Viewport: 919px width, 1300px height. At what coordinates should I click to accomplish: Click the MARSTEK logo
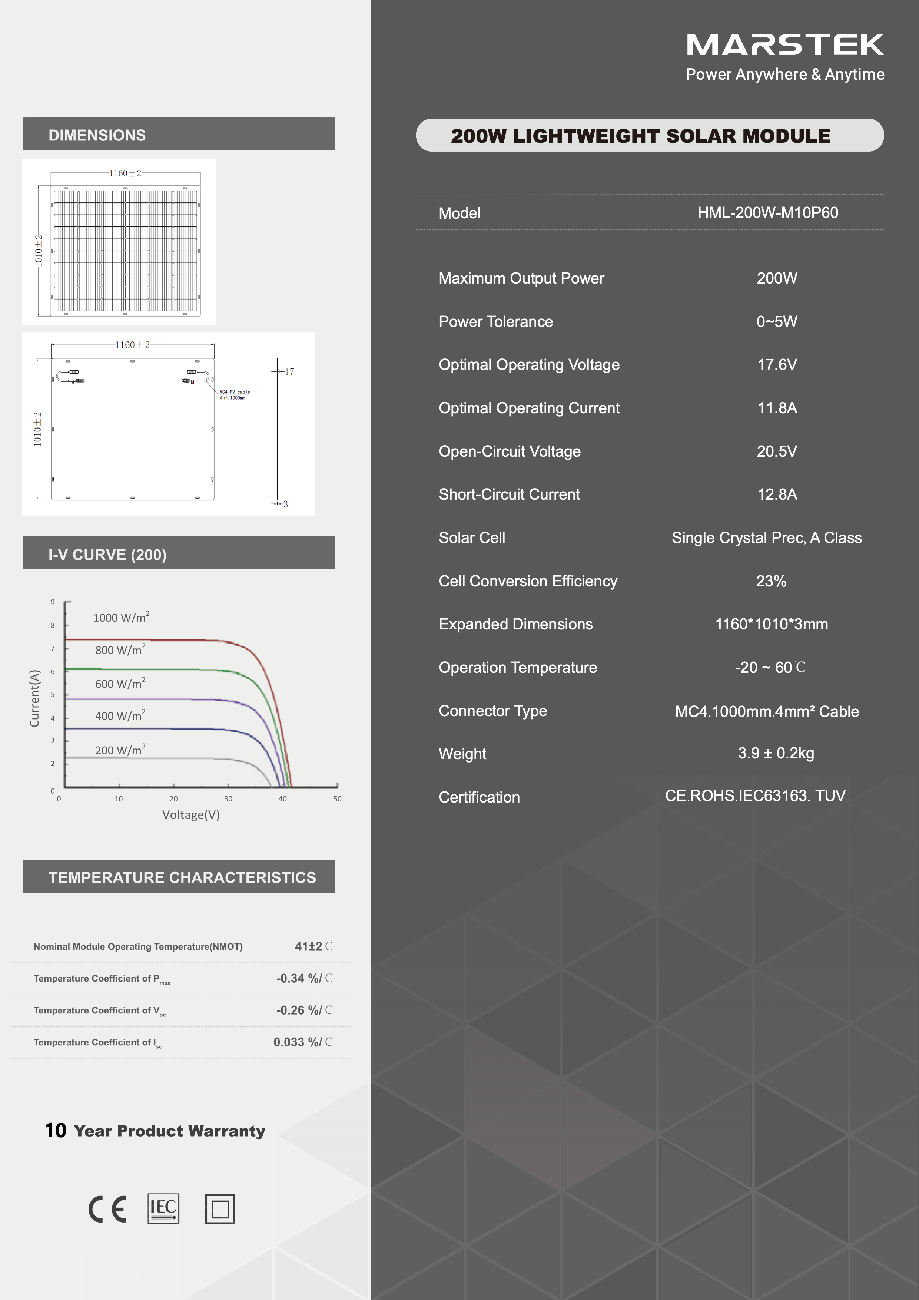(784, 45)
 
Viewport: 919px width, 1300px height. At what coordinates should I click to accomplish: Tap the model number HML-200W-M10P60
(767, 213)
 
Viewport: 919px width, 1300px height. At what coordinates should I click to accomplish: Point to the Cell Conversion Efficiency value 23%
(771, 581)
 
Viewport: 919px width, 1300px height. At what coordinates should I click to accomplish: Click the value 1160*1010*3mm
(771, 624)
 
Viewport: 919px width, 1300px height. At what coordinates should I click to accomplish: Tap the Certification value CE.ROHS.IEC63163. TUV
(755, 795)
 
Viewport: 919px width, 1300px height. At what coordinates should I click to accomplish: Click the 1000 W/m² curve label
(121, 617)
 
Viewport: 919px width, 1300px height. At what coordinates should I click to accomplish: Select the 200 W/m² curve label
(120, 750)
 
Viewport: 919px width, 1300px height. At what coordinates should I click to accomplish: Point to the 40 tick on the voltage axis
(282, 799)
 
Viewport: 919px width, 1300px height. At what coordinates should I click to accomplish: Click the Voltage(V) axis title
(191, 815)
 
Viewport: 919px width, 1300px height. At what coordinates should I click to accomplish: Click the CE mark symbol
(107, 1209)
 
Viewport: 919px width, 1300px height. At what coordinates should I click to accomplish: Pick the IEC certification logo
(163, 1208)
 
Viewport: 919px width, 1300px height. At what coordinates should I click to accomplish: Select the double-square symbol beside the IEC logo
(220, 1209)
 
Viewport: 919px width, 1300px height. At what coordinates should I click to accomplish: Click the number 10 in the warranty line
(56, 1130)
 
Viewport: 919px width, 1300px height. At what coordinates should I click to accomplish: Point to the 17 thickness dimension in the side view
(289, 372)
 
